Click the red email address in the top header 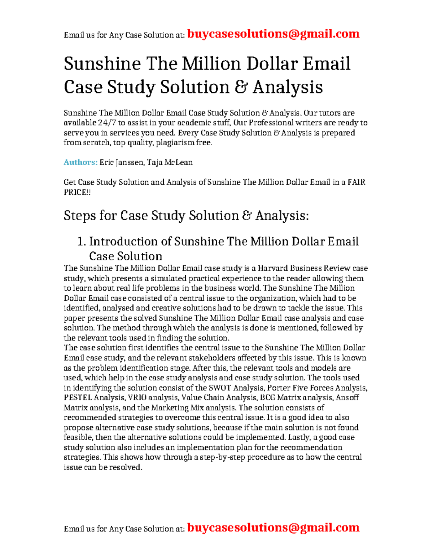[273, 34]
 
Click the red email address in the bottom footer [273, 528]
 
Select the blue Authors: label [80, 162]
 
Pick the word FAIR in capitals [356, 182]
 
